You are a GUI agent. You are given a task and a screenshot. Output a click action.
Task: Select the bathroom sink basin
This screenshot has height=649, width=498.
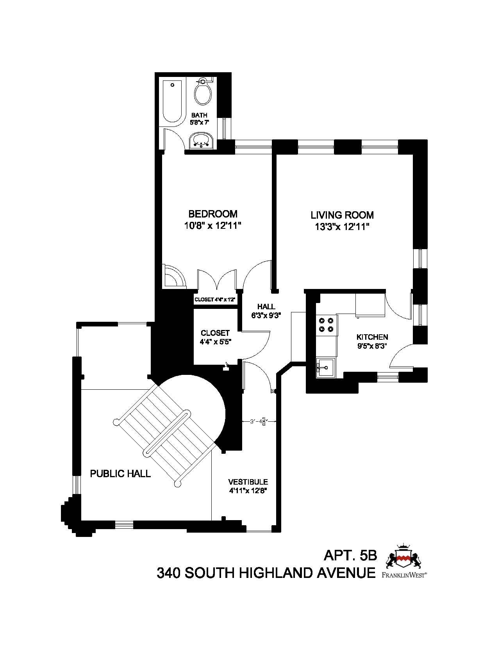[201, 140]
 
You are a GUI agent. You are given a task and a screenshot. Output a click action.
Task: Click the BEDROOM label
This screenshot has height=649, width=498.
[213, 214]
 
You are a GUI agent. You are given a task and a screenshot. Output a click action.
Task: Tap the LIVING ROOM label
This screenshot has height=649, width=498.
[342, 215]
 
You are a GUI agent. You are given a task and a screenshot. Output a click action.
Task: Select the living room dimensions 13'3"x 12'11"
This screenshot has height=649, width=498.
[342, 227]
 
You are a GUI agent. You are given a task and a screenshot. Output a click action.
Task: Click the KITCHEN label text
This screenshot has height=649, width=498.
[372, 337]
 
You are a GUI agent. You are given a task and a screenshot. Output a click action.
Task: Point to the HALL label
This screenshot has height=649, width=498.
[266, 307]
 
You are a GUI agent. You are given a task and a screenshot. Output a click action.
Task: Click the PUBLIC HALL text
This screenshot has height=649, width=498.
[120, 474]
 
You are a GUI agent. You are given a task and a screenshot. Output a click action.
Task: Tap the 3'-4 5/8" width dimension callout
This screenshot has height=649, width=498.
[259, 421]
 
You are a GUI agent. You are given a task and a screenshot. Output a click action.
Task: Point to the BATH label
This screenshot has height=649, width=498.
[199, 115]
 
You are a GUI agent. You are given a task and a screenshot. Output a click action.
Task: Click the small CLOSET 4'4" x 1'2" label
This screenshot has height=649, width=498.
[215, 300]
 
